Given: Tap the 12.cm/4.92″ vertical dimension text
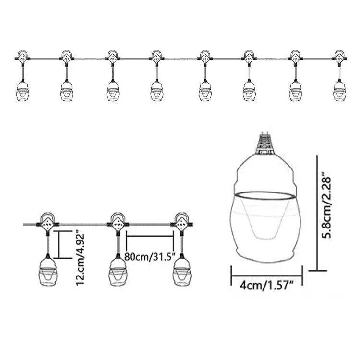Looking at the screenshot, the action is (80, 259).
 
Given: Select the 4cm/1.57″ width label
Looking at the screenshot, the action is (267, 286).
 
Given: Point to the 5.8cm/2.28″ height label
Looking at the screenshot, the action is (326, 205).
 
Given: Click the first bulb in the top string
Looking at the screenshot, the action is (23, 90).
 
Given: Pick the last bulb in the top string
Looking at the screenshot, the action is (339, 90).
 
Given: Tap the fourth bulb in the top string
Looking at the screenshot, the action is (157, 90).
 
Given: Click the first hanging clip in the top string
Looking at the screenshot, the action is (23, 57).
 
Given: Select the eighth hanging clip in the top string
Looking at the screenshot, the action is (339, 57).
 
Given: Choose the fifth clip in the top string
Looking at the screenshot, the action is (204, 57).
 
